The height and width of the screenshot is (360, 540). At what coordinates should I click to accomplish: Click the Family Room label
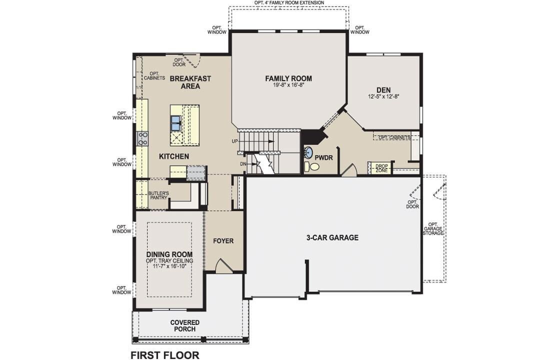pyautogui.click(x=288, y=78)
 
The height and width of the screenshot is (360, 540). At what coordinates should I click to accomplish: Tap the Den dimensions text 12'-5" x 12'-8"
pyautogui.click(x=384, y=96)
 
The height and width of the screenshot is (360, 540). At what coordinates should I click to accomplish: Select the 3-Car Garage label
pyautogui.click(x=332, y=237)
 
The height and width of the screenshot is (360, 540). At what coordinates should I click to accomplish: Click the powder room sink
pyautogui.click(x=308, y=153)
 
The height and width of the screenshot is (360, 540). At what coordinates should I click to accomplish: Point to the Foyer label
pyautogui.click(x=223, y=240)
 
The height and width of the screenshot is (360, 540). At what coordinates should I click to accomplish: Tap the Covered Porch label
pyautogui.click(x=184, y=325)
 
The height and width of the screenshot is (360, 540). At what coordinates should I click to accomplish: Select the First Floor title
pyautogui.click(x=165, y=355)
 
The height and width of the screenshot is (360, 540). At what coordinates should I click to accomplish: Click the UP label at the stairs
pyautogui.click(x=235, y=141)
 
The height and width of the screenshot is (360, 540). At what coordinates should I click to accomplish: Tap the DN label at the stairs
pyautogui.click(x=242, y=164)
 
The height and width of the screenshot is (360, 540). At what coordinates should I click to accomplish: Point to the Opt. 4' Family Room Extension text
pyautogui.click(x=289, y=2)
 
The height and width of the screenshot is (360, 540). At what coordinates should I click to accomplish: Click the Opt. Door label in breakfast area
pyautogui.click(x=179, y=62)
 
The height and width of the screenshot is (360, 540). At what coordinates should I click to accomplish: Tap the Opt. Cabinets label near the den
pyautogui.click(x=394, y=137)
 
